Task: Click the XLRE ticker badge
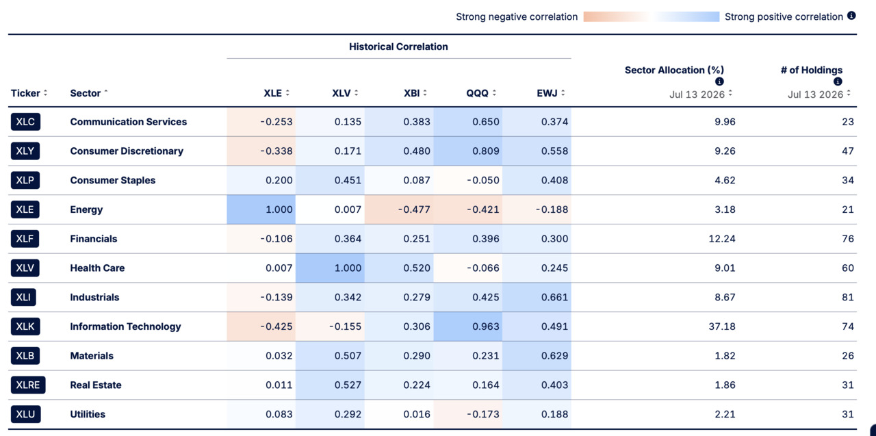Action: click(x=28, y=385)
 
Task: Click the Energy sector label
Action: click(x=86, y=209)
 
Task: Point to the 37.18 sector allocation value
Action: click(x=722, y=326)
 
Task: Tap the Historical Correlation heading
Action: click(x=398, y=47)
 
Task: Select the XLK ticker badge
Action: click(x=25, y=326)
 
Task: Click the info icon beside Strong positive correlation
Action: click(x=851, y=16)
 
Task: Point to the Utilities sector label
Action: click(x=88, y=414)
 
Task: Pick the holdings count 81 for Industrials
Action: click(x=848, y=297)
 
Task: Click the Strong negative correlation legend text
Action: click(x=517, y=17)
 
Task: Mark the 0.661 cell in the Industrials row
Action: click(x=537, y=297)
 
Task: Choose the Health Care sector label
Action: click(x=97, y=268)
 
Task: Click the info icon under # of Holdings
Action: click(x=838, y=81)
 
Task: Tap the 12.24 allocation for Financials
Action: click(x=722, y=239)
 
